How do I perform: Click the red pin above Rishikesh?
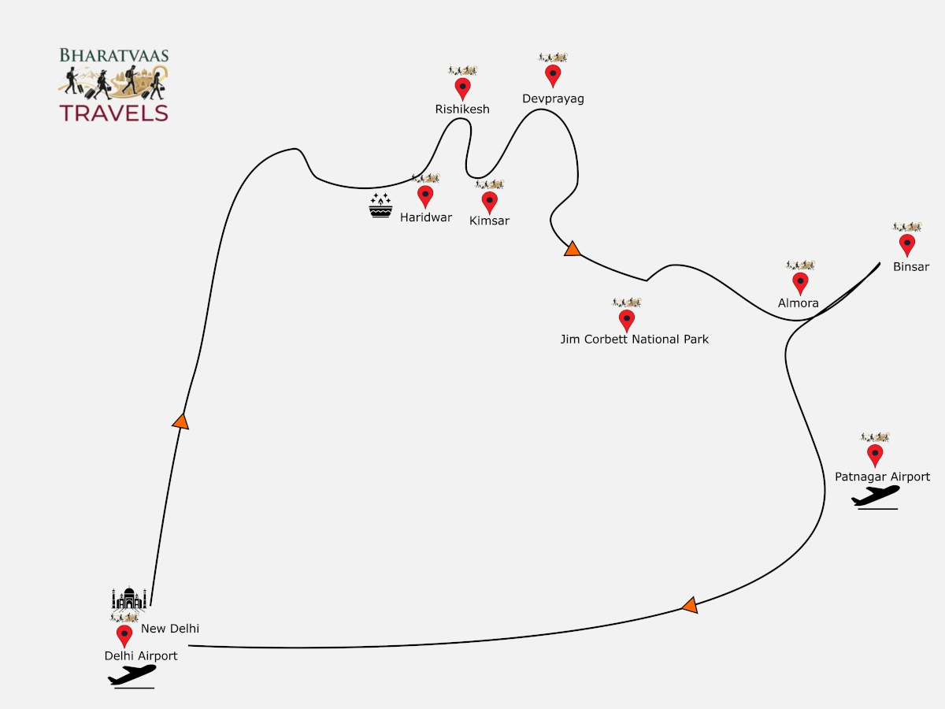(462, 89)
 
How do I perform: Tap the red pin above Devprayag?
(553, 76)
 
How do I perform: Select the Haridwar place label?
(426, 217)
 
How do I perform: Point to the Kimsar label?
(489, 221)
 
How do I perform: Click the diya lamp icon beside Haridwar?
(380, 206)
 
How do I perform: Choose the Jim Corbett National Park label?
(634, 340)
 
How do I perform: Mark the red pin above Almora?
(800, 284)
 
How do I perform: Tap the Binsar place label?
(911, 267)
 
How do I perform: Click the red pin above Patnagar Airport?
(875, 456)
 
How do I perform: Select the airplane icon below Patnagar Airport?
(876, 497)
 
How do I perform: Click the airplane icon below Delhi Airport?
(132, 676)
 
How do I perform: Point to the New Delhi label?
(170, 629)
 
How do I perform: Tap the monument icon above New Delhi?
(129, 599)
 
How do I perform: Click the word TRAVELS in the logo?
(113, 113)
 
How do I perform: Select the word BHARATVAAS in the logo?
(114, 55)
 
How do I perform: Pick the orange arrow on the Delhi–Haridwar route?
(181, 422)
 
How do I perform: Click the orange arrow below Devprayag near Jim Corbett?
(573, 249)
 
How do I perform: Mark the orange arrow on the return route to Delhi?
(690, 605)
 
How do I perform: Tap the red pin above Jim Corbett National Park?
(626, 321)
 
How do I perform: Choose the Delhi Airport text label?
(141, 656)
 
